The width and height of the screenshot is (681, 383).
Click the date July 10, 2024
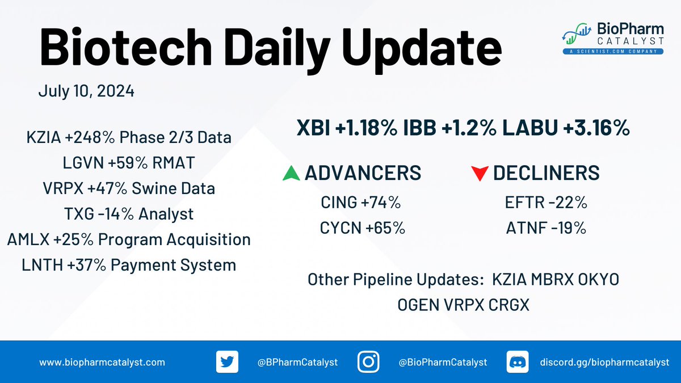point(86,91)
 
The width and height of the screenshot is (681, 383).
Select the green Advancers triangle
point(291,174)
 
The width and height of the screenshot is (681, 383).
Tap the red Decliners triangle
point(480,174)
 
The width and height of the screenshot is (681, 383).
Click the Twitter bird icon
point(225,362)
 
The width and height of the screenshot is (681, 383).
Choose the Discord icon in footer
point(514,362)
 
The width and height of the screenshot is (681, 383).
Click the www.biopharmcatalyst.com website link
point(102,362)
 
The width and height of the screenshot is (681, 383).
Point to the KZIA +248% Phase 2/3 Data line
point(129,137)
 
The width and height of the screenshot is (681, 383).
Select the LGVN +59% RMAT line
point(129,163)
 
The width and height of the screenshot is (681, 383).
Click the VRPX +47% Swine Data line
point(129,188)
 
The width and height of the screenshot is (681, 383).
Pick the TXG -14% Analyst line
point(129,214)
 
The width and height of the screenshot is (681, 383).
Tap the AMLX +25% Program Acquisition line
point(129,239)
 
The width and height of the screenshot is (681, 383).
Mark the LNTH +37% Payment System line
point(129,264)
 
